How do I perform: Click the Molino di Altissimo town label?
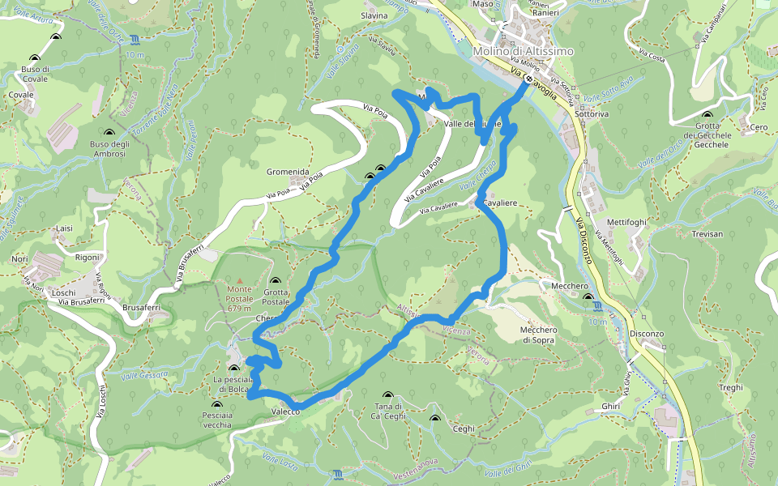pyautogui.click(x=523, y=51)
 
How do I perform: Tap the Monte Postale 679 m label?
pyautogui.click(x=239, y=298)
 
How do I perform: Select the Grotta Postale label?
pyautogui.click(x=276, y=296)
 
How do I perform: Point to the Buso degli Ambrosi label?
pyautogui.click(x=109, y=149)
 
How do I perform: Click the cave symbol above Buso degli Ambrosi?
pyautogui.click(x=109, y=132)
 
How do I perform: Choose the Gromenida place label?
pyautogui.click(x=288, y=172)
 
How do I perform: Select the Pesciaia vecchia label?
pyautogui.click(x=217, y=419)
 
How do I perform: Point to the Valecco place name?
pyautogui.click(x=285, y=412)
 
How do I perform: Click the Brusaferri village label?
pyautogui.click(x=140, y=308)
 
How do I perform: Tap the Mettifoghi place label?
pyautogui.click(x=626, y=222)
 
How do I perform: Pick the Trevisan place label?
pyautogui.click(x=707, y=233)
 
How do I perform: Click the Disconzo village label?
pyautogui.click(x=646, y=334)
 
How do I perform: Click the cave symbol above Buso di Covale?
pyautogui.click(x=35, y=58)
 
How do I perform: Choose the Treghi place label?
pyautogui.click(x=730, y=388)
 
